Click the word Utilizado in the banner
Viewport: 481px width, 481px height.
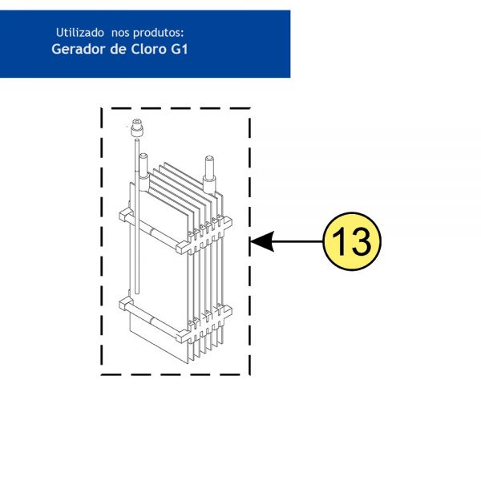(x=79, y=33)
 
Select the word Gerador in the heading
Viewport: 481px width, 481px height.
(x=79, y=49)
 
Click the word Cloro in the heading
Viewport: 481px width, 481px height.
(x=148, y=49)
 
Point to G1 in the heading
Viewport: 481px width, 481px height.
(x=179, y=49)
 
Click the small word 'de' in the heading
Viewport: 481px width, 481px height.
(x=118, y=49)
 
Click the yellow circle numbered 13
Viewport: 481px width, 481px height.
(x=352, y=241)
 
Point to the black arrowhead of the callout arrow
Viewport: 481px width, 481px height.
(x=261, y=241)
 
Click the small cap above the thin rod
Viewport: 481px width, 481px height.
(x=137, y=127)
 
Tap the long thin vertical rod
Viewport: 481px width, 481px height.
(x=137, y=216)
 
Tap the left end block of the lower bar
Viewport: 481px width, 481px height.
(x=126, y=304)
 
